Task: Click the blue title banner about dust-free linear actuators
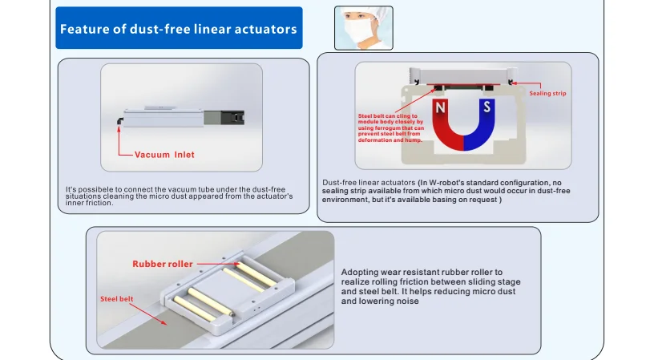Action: click(178, 29)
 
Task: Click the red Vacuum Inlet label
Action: click(164, 154)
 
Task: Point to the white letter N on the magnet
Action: click(440, 107)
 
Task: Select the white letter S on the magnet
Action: click(486, 107)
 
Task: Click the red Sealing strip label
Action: click(547, 94)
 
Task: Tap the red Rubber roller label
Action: click(163, 263)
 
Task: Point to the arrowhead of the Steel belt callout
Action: click(167, 324)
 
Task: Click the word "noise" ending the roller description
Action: click(409, 301)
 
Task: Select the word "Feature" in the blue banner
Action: click(86, 30)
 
